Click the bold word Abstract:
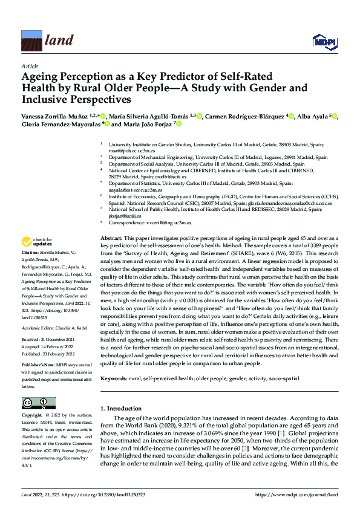111,239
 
